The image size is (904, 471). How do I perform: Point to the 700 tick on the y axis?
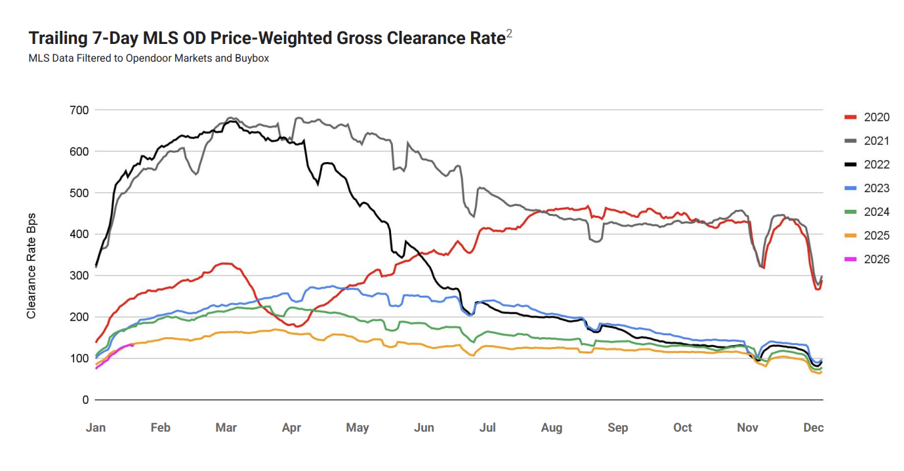[79, 110]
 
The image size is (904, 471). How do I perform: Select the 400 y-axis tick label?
[79, 234]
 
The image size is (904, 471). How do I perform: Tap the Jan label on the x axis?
[96, 428]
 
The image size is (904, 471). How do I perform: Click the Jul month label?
[487, 428]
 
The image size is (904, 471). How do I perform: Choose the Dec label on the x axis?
[813, 428]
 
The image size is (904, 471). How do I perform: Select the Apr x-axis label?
[291, 428]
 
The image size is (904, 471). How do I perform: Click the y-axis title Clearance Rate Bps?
[31, 266]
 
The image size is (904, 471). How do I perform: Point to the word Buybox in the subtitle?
[253, 58]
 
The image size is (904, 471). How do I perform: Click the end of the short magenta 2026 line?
[133, 345]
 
